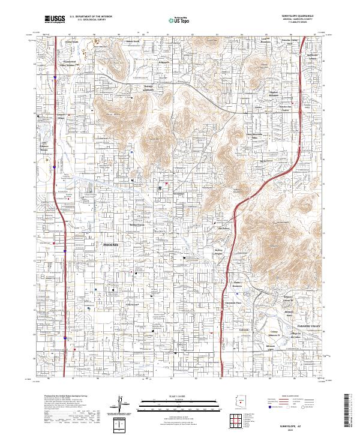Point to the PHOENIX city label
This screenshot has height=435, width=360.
click(112, 245)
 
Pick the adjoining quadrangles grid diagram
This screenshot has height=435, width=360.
click(239, 421)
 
